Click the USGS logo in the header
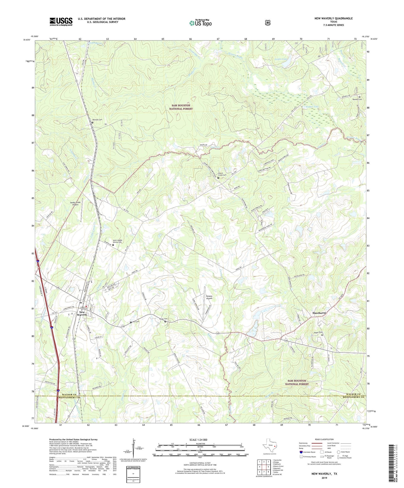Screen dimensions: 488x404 click(61, 22)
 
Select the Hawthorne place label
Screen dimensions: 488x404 click(319, 313)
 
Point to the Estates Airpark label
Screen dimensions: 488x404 click(209, 297)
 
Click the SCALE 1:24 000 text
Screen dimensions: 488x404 click(198, 440)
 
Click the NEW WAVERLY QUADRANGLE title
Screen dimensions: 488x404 click(333, 18)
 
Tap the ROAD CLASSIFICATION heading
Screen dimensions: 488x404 click(324, 439)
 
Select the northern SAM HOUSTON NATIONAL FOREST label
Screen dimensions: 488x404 click(181, 107)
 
